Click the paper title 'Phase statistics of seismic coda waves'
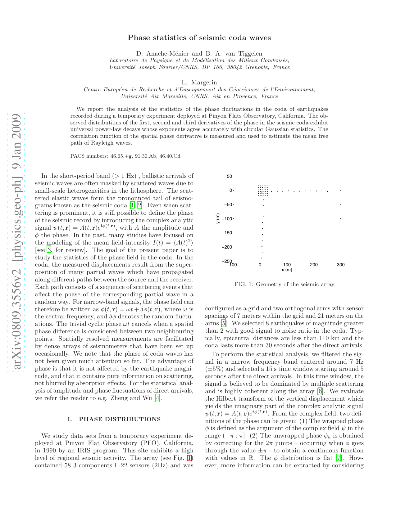pyautogui.click(x=199, y=38)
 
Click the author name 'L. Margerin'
pyautogui.click(x=199, y=82)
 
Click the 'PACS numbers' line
pyautogui.click(x=125, y=156)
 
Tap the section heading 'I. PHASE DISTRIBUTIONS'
pyautogui.click(x=114, y=419)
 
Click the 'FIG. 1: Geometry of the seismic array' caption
pyautogui.click(x=284, y=284)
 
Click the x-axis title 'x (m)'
pyautogui.click(x=287, y=270)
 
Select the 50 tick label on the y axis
pyautogui.click(x=229, y=176)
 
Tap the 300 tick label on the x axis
pyautogui.click(x=341, y=265)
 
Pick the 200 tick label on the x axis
pyautogui.click(x=314, y=265)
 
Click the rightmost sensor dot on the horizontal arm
pyautogui.click(x=327, y=191)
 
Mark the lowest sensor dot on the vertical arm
pyautogui.click(x=261, y=258)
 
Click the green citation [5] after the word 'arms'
pyautogui.click(x=223, y=323)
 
